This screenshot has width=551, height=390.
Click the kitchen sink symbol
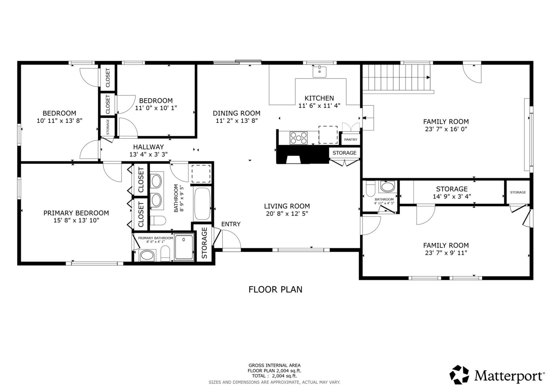coord(319,72)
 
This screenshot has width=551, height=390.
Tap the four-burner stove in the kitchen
coord(298,138)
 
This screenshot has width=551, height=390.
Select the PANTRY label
coord(350,140)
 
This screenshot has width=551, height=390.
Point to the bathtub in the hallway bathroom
coord(202,204)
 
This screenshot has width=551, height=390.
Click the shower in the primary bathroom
coord(184,247)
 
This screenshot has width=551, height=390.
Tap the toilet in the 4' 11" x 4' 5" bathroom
coord(370,189)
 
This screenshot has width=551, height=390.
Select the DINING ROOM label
coord(237,113)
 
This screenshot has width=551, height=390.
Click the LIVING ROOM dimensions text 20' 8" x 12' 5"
coord(287,214)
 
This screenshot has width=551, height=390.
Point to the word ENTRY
coord(231,224)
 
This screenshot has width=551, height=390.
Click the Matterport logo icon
coord(459,375)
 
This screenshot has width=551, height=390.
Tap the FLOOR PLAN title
coord(275,290)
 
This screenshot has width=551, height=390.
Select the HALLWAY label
coord(148,147)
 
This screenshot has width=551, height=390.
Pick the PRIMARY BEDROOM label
coord(76,213)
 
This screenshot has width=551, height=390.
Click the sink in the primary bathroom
coord(147,255)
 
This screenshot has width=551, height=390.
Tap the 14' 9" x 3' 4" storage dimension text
coord(452,197)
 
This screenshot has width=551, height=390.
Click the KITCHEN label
coord(319,98)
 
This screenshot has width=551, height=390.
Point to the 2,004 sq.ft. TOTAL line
coord(274,376)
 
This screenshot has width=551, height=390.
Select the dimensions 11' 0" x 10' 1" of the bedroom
coord(156,108)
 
